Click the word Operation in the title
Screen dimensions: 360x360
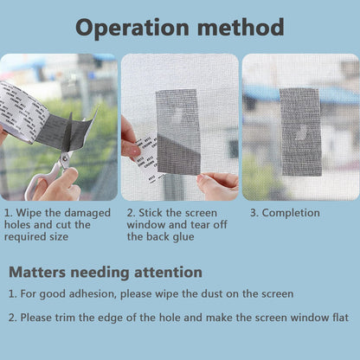(132, 29)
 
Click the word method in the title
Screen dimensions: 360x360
(241, 27)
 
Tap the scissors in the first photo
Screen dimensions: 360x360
(54, 173)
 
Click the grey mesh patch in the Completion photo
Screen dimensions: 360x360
(301, 132)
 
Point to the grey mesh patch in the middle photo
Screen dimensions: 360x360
(178, 132)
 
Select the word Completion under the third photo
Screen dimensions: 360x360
(291, 214)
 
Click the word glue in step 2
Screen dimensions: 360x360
(183, 237)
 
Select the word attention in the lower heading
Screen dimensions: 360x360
(168, 273)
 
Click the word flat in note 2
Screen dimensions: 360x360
(340, 318)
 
